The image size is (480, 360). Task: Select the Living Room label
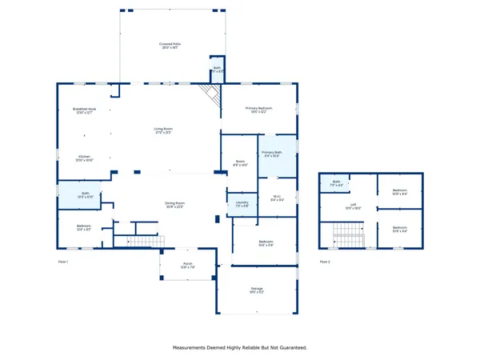pyautogui.click(x=164, y=130)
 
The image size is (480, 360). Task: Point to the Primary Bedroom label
pyautogui.click(x=258, y=110)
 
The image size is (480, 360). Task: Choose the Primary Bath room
pyautogui.click(x=272, y=154)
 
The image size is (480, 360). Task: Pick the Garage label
pyautogui.click(x=257, y=290)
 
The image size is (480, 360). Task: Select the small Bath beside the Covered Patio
pyautogui.click(x=216, y=70)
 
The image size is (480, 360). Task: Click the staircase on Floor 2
pyautogui.click(x=349, y=236)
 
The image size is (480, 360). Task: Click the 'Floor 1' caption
pyautogui.click(x=63, y=262)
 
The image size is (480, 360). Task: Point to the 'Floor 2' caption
pyautogui.click(x=325, y=262)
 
